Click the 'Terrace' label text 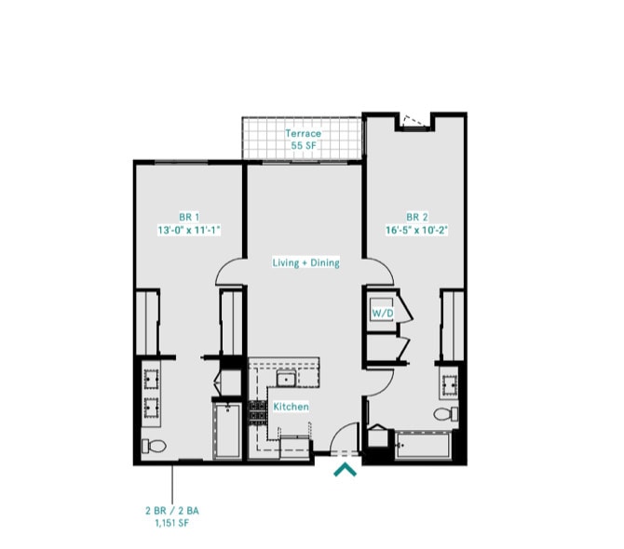(303, 134)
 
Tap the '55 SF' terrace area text (303, 147)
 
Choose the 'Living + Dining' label (305, 263)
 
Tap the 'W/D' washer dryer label (382, 314)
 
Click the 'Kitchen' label (291, 407)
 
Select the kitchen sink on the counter (287, 378)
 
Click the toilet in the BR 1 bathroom (153, 447)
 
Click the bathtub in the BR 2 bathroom (425, 447)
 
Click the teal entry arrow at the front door (346, 470)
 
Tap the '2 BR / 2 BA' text (172, 512)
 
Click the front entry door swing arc (346, 435)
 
